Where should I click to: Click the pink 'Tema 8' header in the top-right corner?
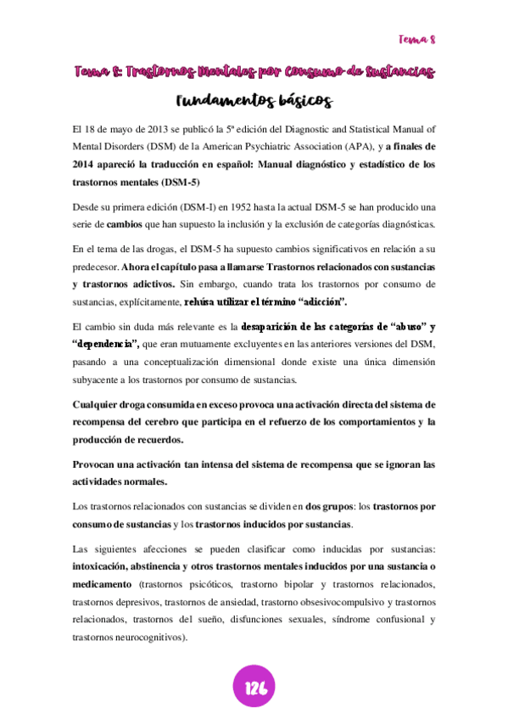pos(416,39)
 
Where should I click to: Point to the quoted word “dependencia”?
pos(106,344)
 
